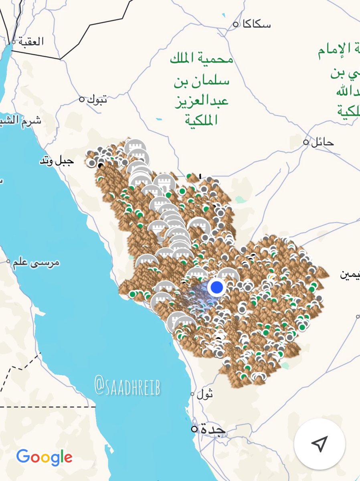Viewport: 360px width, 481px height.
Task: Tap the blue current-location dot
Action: point(217,287)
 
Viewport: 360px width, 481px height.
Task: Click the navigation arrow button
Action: point(319,444)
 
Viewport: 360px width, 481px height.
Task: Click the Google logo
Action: point(44,457)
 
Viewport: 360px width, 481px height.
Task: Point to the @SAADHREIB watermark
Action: point(127,385)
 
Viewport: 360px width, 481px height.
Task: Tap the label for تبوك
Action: point(97,99)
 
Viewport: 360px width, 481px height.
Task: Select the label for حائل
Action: point(322,142)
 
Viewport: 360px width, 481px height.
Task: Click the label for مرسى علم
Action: point(36,263)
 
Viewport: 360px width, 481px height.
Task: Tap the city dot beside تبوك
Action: point(82,99)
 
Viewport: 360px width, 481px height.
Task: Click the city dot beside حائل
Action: point(306,142)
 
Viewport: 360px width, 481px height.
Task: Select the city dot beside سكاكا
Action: point(236,24)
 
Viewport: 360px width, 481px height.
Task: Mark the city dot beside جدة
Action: point(194,429)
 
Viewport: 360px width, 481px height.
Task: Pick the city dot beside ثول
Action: point(192,394)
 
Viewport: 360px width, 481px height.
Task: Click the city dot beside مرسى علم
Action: point(8,262)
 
